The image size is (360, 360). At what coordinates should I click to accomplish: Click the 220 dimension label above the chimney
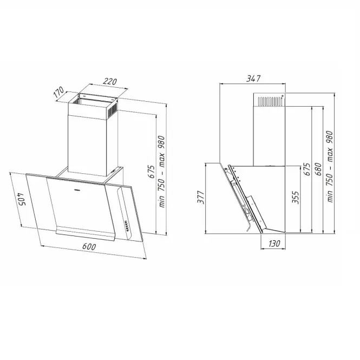110,82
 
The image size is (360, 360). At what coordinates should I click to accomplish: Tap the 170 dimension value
58,92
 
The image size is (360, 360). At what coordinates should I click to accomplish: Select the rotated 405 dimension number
21,199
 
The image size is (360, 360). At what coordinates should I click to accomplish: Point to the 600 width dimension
89,246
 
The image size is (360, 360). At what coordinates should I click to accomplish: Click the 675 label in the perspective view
151,171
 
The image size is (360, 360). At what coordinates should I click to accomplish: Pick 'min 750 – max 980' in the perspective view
162,172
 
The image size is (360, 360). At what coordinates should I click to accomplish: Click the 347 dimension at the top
253,78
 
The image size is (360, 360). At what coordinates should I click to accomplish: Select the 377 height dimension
201,197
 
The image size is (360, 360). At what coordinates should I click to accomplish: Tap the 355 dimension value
296,197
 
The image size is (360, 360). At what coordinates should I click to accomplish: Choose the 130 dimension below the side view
274,244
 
